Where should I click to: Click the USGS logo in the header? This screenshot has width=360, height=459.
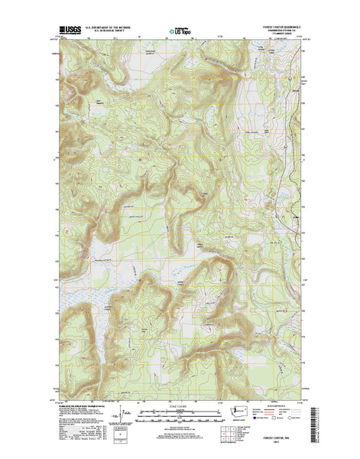point(66,32)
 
